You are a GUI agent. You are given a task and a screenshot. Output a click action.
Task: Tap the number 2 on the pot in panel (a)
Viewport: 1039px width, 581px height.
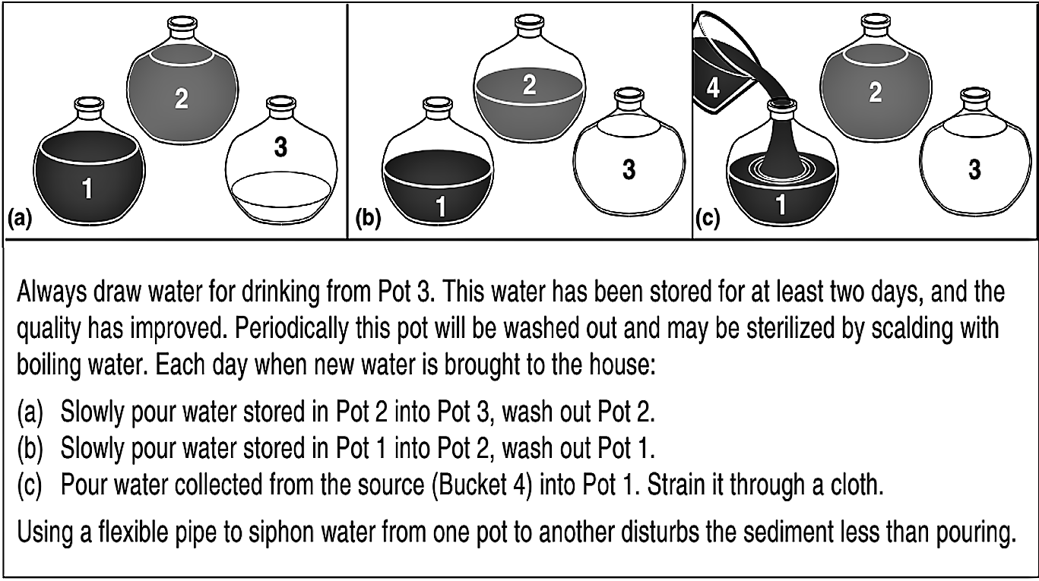(181, 99)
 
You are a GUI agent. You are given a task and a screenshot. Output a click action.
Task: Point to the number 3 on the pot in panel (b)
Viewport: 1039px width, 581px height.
(629, 169)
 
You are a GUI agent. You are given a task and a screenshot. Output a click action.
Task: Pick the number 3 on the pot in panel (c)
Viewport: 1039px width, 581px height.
(974, 169)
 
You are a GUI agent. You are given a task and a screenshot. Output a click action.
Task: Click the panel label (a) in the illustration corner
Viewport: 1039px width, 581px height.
(20, 221)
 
